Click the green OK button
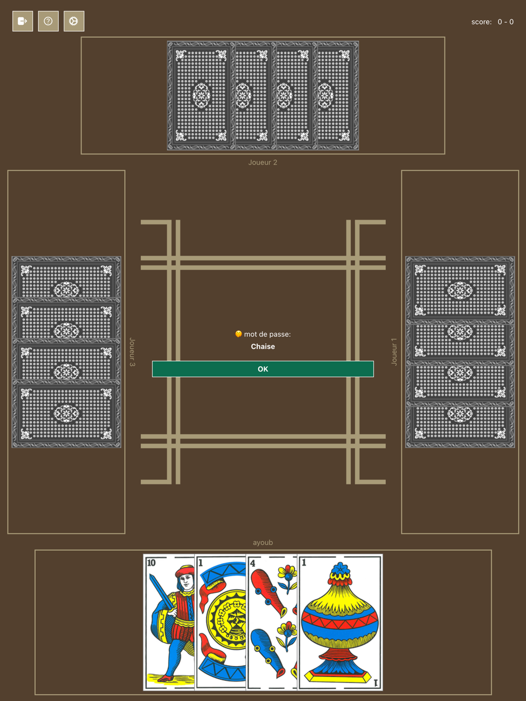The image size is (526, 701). coord(263,369)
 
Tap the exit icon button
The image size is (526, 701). coord(23,22)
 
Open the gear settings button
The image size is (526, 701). coord(74,22)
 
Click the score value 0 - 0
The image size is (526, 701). coord(505,22)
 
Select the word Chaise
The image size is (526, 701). coord(263,347)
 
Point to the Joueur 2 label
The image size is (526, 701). coord(263,162)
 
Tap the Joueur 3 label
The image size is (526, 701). coord(133,352)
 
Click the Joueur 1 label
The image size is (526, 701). coord(394,352)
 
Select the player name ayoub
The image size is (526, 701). coord(263,543)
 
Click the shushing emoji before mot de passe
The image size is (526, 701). coord(238,334)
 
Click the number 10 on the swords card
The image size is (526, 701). coord(151,563)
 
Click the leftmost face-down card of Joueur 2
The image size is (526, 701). coord(200,96)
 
